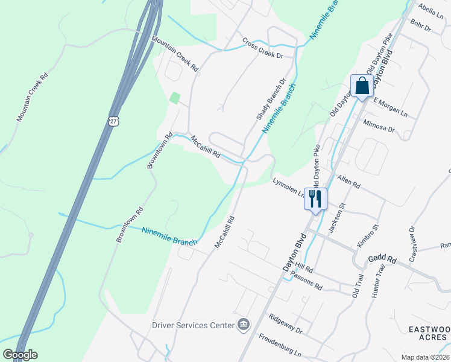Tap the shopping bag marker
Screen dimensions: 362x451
[362, 86]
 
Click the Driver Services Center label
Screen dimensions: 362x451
[192, 325]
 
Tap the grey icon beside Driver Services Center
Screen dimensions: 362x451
[243, 325]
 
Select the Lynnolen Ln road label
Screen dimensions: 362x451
[289, 186]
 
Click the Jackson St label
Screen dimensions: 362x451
[336, 218]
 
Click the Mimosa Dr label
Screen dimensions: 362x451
[379, 125]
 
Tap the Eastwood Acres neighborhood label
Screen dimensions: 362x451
[429, 334]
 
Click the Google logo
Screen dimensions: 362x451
[20, 354]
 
